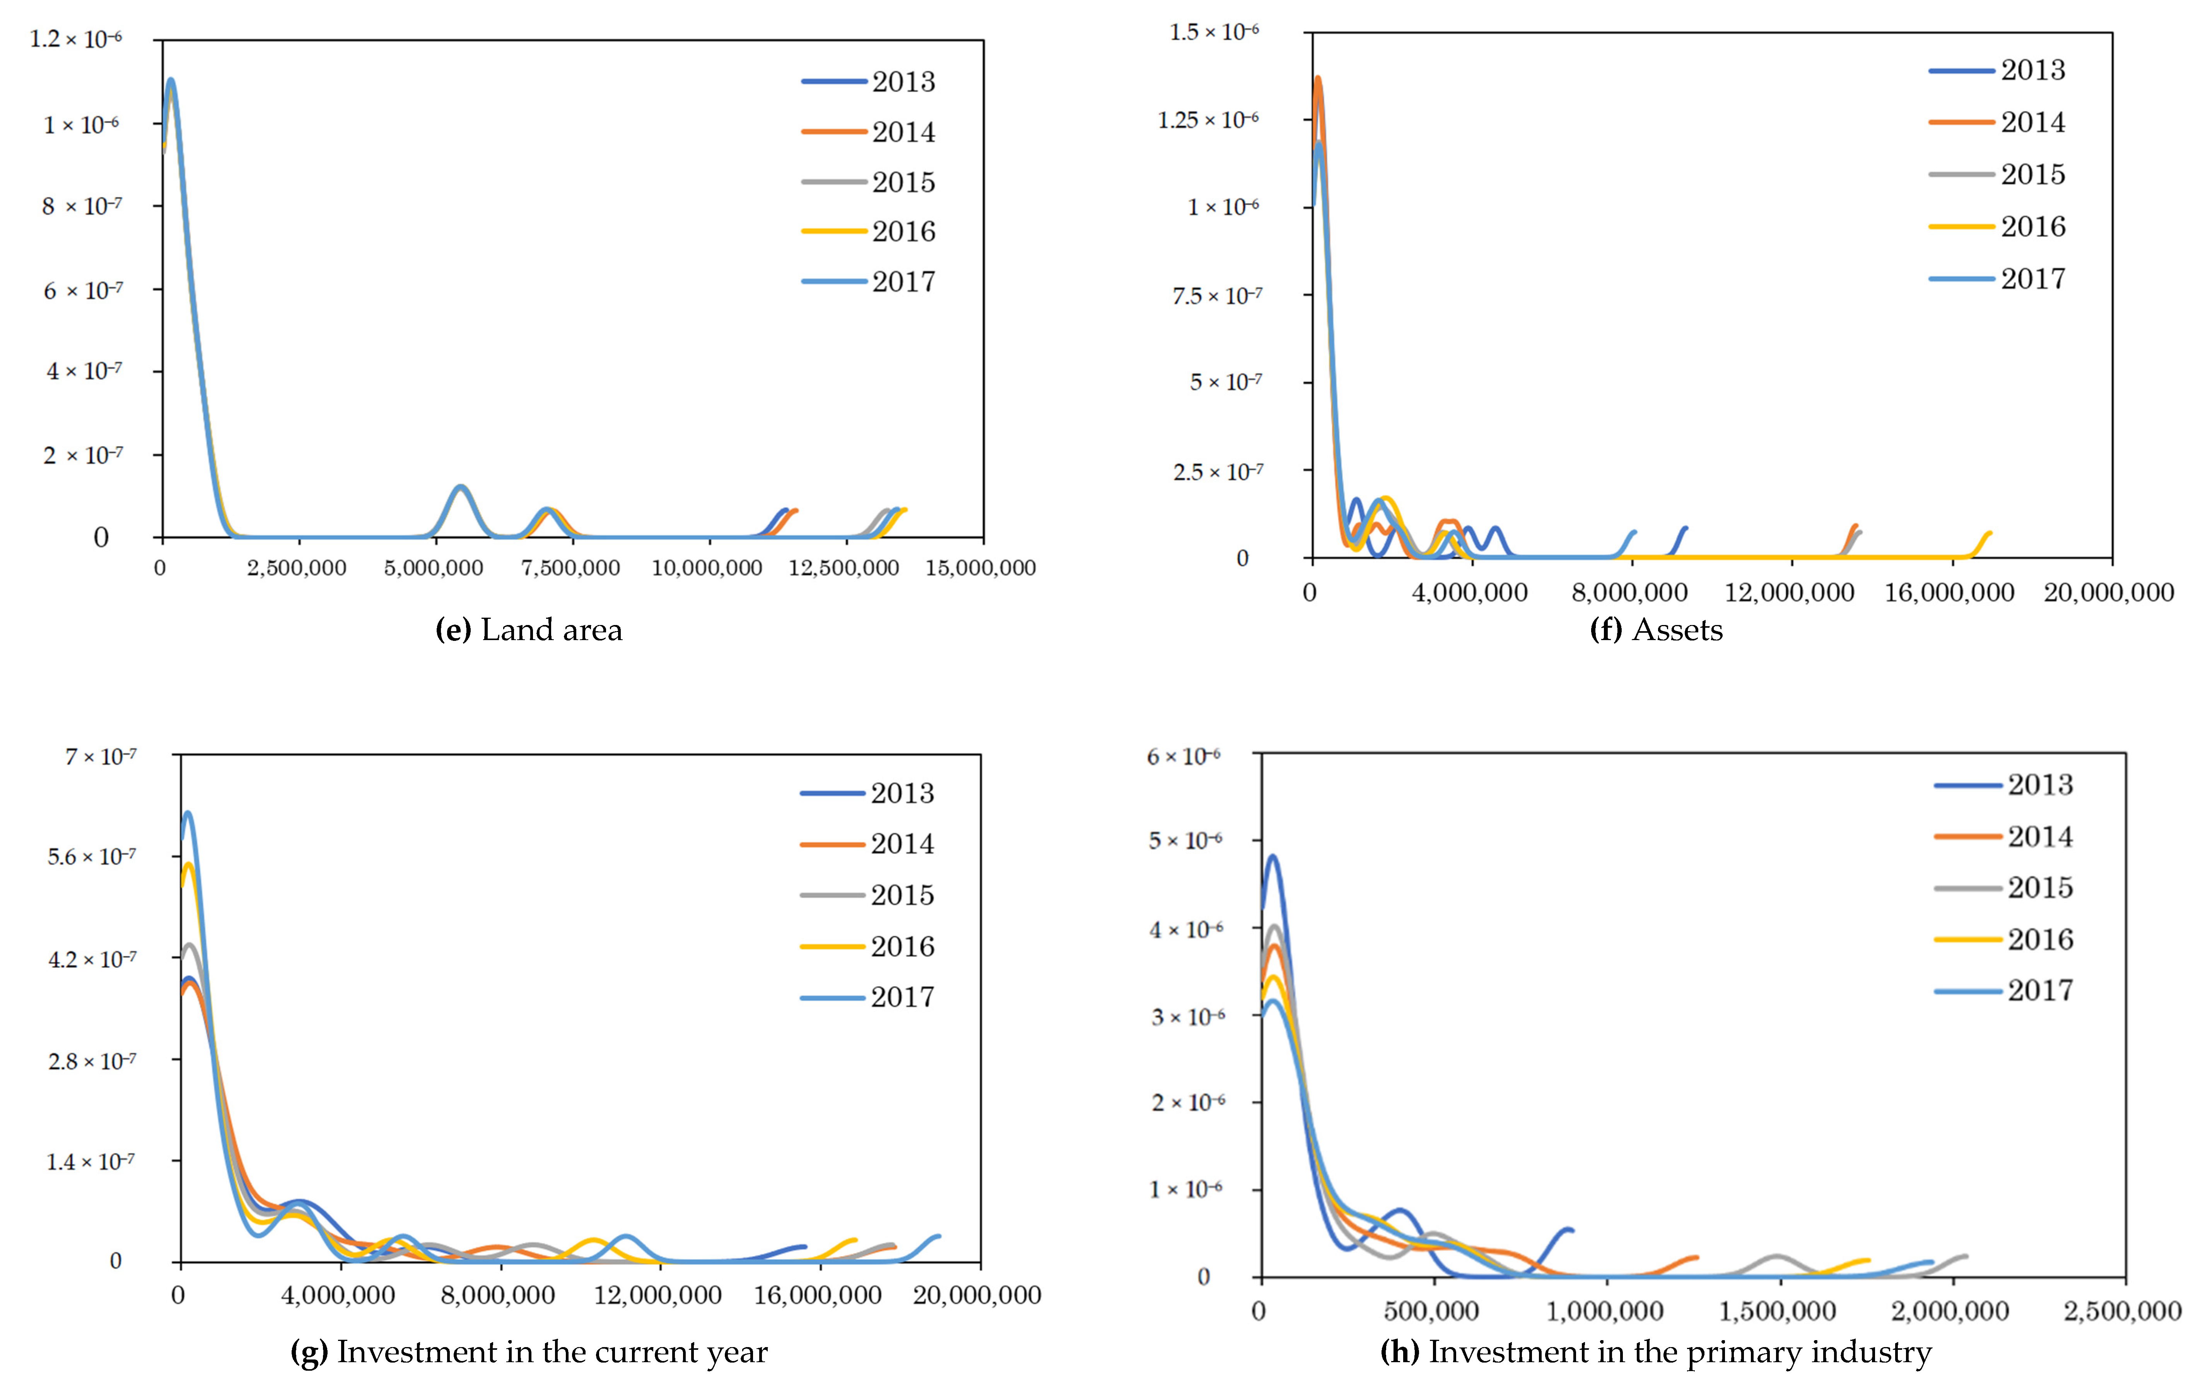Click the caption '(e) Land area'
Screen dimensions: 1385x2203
529,630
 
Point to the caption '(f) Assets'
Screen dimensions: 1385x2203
1656,630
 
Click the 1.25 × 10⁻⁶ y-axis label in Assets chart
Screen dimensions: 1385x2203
1207,120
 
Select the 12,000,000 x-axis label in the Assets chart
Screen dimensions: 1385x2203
1790,593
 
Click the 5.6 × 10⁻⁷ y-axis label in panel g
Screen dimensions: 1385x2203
92,857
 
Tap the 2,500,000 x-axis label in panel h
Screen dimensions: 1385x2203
2123,1311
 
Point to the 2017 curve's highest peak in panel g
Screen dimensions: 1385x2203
188,812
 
